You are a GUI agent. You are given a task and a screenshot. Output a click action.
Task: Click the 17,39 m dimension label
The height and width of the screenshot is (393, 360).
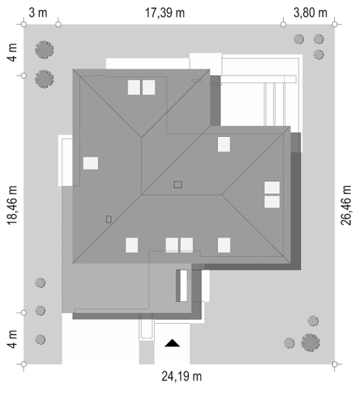point(165,13)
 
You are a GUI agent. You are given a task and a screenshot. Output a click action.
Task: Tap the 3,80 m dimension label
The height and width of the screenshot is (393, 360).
point(310,12)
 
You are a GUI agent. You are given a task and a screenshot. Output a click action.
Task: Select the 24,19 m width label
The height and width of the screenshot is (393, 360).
point(181,377)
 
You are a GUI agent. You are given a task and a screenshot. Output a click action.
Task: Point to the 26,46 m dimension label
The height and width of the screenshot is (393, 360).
point(346,205)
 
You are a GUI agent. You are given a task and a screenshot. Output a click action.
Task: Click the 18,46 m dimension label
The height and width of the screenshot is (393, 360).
point(12,205)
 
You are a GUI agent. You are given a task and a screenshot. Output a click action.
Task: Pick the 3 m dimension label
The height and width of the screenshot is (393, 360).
point(38,12)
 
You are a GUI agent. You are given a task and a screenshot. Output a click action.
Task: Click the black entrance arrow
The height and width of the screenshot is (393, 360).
point(172,342)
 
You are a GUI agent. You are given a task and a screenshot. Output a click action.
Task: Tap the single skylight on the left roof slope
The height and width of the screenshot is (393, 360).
point(90,163)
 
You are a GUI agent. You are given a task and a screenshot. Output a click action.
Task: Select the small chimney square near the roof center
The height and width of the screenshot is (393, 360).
point(178,184)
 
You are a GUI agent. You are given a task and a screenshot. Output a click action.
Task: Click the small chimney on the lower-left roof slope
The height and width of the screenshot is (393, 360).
point(109,219)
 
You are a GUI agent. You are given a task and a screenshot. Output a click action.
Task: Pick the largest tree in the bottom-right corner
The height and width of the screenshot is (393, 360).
point(310,342)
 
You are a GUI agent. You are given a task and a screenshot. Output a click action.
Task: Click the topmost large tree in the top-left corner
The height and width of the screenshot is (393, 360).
point(44,50)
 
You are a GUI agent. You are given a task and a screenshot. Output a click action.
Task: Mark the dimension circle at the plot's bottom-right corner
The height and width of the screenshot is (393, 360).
point(334,364)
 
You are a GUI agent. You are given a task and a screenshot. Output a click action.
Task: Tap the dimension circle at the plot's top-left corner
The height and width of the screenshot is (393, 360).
point(23,24)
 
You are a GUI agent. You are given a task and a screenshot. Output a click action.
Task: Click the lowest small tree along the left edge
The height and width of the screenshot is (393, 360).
point(40,339)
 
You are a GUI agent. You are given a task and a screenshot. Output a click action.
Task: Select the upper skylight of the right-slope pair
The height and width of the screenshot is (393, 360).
point(272,188)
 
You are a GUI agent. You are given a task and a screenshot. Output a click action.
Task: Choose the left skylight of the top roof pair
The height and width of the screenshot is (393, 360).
point(134,87)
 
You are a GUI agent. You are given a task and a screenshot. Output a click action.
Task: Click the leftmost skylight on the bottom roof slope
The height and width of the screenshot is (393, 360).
point(132,245)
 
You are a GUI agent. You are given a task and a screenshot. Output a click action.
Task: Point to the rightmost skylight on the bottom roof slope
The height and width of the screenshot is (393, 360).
point(224,245)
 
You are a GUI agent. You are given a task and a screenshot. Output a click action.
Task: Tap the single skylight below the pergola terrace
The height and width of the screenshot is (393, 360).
point(224,144)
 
